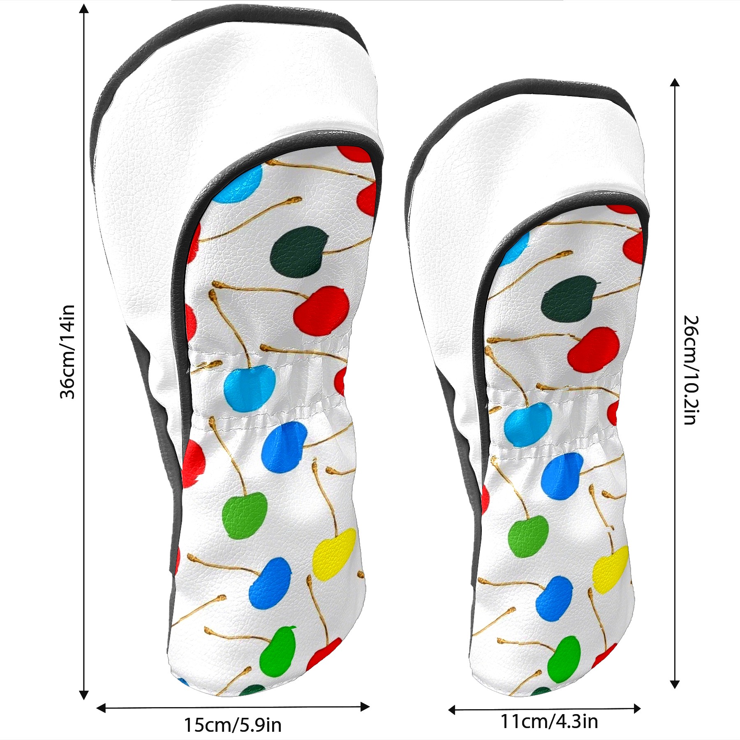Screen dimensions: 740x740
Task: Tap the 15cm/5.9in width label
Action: coord(233,725)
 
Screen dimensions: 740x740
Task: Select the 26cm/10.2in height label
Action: coord(691,370)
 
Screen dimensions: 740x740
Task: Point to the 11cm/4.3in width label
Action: coord(549,721)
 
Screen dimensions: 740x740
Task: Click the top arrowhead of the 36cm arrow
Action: coord(84,9)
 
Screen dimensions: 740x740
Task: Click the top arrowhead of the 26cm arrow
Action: coord(675,83)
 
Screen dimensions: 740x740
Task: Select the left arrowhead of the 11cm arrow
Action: coord(453,710)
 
